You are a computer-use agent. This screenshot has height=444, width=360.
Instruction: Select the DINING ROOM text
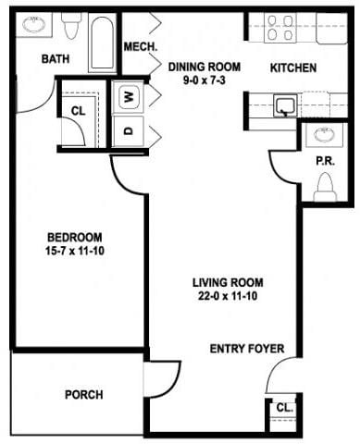(x=204, y=67)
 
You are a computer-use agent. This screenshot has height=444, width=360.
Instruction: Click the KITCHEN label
(x=292, y=68)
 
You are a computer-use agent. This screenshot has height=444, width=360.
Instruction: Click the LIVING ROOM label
(x=227, y=283)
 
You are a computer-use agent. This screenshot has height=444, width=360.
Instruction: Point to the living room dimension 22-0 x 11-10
(x=227, y=298)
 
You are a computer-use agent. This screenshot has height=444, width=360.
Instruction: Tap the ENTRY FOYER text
(x=246, y=349)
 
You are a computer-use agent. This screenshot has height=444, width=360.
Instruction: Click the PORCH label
(x=83, y=395)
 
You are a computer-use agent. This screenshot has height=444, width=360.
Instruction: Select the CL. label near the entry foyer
(x=280, y=408)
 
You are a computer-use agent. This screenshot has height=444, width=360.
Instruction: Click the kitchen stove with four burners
(x=280, y=29)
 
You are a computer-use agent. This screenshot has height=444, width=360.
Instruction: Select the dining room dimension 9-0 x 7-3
(x=204, y=81)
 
